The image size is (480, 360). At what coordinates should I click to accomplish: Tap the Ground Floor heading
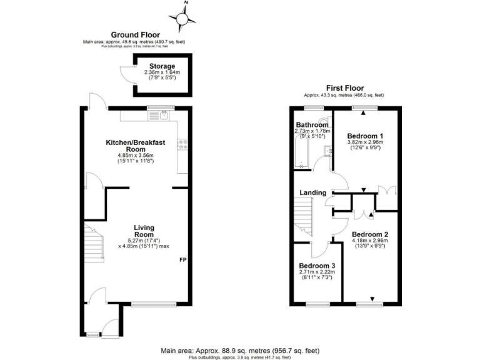click(x=135, y=35)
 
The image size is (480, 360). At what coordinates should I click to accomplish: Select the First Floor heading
click(x=344, y=88)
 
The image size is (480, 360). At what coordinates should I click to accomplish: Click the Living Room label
click(x=144, y=231)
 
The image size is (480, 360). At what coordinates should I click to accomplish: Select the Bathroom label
click(x=312, y=125)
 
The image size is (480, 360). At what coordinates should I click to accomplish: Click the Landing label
click(x=312, y=192)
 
